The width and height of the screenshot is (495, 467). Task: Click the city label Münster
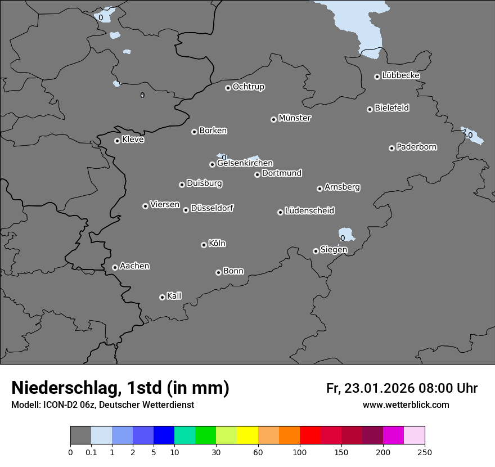tap(295, 118)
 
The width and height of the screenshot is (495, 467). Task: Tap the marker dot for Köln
tap(204, 245)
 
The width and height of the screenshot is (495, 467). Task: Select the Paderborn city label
tap(417, 147)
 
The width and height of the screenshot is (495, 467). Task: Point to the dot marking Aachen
tap(115, 267)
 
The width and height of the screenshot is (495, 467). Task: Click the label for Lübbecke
tap(400, 75)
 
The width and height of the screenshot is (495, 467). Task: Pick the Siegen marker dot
tap(316, 251)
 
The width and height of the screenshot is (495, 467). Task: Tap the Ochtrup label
tap(249, 87)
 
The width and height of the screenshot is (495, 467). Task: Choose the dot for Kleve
tap(117, 141)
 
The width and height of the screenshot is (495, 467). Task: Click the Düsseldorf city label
tap(212, 208)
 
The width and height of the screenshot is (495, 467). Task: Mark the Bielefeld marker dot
tap(370, 109)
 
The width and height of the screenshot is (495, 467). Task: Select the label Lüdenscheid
tap(309, 210)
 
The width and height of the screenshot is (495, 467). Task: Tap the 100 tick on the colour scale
tap(300, 452)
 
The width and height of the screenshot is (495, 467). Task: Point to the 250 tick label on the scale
tap(425, 452)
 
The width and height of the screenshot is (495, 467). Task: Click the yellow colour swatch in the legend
tap(247, 435)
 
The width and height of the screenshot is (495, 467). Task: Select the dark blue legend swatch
tap(164, 435)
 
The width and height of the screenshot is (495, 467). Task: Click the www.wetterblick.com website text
tap(406, 405)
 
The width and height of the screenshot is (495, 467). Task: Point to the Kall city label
tap(174, 296)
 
